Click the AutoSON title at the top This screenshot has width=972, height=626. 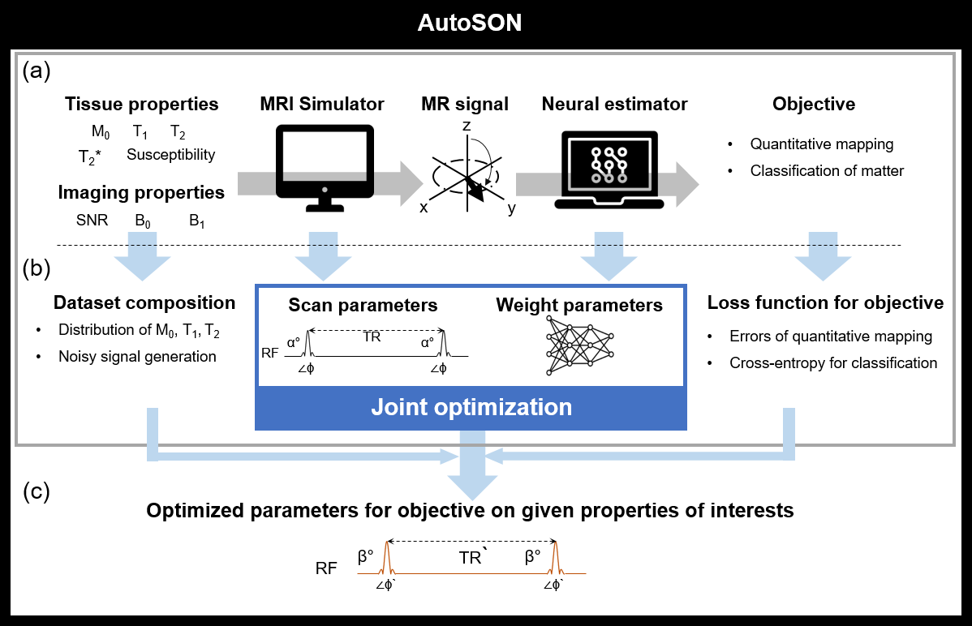[470, 24]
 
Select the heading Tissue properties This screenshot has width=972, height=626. [142, 105]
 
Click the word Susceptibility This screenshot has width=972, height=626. [170, 155]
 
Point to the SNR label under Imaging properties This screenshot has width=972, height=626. [92, 220]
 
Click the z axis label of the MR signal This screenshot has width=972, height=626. [467, 127]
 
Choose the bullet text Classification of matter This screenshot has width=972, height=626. [827, 171]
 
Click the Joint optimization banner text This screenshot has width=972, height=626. [471, 406]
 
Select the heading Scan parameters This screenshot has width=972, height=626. [363, 305]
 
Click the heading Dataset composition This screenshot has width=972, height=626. [144, 303]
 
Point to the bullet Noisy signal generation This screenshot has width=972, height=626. [137, 357]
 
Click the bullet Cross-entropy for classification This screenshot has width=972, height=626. [833, 363]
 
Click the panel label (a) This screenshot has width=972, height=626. [37, 72]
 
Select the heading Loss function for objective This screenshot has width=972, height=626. [825, 303]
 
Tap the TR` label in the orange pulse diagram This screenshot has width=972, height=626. [472, 559]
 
